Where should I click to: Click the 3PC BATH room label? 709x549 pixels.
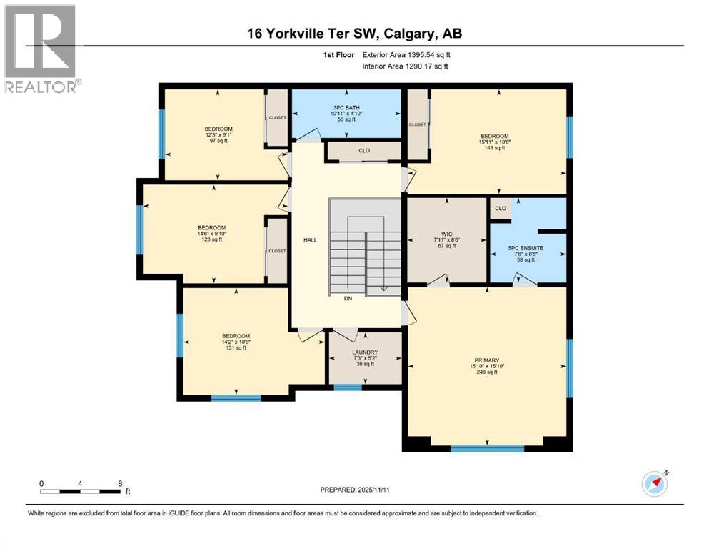[x=345, y=108]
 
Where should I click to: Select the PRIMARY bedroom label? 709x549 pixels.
[x=485, y=360]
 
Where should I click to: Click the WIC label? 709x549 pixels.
[x=447, y=234]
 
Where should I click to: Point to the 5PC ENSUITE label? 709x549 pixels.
[x=525, y=247]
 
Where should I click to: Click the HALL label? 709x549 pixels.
[x=310, y=240]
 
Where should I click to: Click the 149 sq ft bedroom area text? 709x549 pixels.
[x=494, y=148]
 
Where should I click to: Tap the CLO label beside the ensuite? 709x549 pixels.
[x=501, y=209]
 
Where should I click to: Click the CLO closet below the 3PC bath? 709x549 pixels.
[x=364, y=151]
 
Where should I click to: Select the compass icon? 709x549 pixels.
[x=654, y=484]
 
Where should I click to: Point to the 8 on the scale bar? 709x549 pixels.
[x=119, y=483]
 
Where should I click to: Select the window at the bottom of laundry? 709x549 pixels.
[x=348, y=387]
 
